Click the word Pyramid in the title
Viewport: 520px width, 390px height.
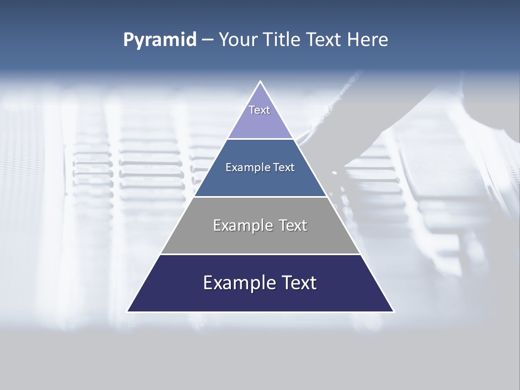tap(160, 40)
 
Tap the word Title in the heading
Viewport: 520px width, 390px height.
tap(285, 40)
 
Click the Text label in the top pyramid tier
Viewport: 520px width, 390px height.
tap(259, 110)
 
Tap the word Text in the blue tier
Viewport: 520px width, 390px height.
tap(284, 167)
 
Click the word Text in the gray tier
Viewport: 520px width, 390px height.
tap(294, 225)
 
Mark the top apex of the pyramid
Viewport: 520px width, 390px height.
tap(261, 82)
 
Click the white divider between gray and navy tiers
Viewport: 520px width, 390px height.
tap(261, 254)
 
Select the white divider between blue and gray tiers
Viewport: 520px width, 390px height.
tap(261, 197)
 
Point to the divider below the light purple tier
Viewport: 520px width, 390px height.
tap(261, 139)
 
